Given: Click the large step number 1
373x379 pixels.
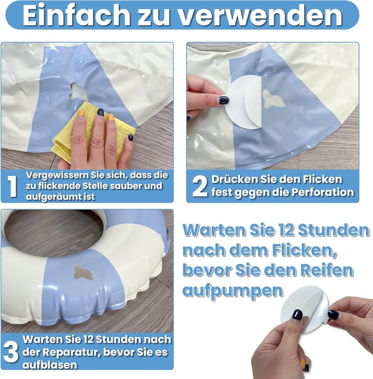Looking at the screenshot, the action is pyautogui.click(x=12, y=186).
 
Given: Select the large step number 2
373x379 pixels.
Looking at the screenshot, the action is pyautogui.click(x=200, y=186).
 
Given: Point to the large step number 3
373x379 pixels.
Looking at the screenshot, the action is pyautogui.click(x=11, y=352).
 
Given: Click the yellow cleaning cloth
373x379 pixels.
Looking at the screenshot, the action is pyautogui.click(x=92, y=132).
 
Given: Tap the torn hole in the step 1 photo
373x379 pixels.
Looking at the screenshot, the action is pyautogui.click(x=79, y=92).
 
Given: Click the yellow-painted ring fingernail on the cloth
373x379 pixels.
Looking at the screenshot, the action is pyautogui.click(x=111, y=117).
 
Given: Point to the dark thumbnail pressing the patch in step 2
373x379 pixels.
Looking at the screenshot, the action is pyautogui.click(x=224, y=100).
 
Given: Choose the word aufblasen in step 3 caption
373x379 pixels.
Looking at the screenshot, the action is pyautogui.click(x=50, y=365).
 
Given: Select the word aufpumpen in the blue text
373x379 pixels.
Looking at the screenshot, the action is pyautogui.click(x=233, y=291).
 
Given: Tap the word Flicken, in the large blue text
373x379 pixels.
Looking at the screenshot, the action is pyautogui.click(x=304, y=250).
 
